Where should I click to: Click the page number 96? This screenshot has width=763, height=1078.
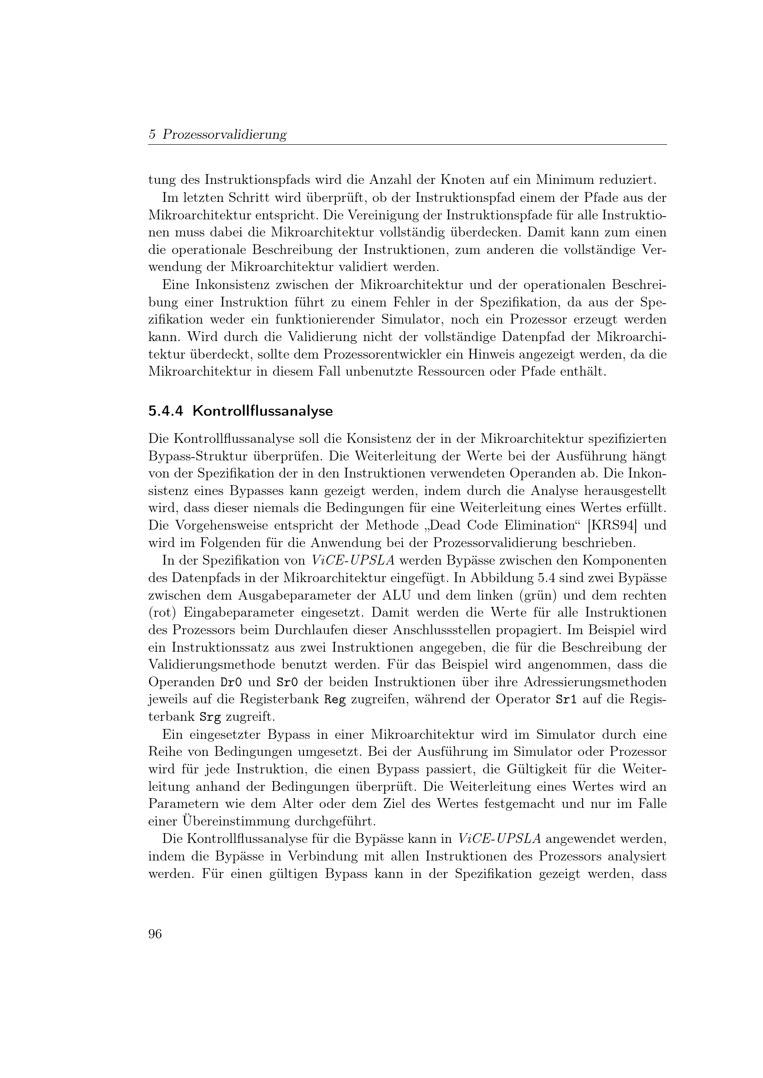coord(155,934)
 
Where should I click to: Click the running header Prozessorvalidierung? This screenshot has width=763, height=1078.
coord(225,135)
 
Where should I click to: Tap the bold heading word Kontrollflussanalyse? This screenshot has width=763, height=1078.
coord(262,411)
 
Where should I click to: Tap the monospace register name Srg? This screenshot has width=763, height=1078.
coord(210,717)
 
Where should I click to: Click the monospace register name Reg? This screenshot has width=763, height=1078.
coord(335,700)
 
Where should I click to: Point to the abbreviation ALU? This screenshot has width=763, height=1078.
coord(396,595)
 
